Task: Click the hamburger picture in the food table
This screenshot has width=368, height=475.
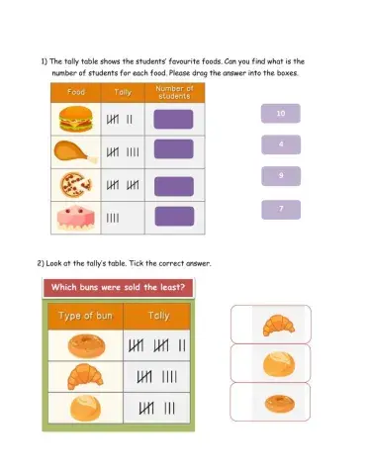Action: tap(76, 119)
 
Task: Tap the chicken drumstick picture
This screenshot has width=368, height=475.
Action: tap(76, 151)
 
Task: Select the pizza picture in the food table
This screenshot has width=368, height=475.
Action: tap(76, 185)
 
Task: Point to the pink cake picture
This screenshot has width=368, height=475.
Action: tap(76, 218)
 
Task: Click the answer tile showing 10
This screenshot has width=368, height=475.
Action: tap(281, 114)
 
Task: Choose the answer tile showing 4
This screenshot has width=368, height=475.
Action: tap(281, 144)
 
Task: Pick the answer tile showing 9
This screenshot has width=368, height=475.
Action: tap(281, 176)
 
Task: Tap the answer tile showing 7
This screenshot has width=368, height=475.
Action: tap(281, 210)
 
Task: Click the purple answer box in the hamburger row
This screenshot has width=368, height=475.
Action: tap(173, 119)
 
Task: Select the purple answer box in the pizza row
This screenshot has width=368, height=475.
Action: tap(174, 186)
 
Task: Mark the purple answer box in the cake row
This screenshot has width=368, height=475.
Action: tap(174, 217)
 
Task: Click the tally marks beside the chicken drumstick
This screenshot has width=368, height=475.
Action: tap(123, 152)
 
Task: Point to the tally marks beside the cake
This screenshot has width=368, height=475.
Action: tap(113, 218)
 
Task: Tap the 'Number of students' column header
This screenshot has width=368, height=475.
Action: tap(174, 92)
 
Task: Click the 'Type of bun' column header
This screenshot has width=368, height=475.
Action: tap(85, 316)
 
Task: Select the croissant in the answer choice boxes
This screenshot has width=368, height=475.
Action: tap(279, 326)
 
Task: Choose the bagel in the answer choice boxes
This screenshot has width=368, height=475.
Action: tap(280, 404)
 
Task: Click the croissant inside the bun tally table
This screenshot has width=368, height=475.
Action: tap(85, 376)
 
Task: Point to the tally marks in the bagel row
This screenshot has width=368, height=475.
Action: tap(157, 345)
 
